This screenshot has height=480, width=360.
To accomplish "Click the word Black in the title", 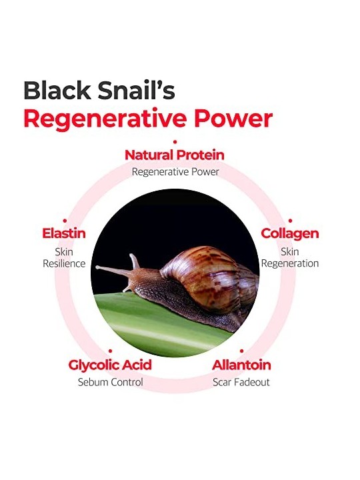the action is coord(57,90).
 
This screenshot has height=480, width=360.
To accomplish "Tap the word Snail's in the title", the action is coord(137,90).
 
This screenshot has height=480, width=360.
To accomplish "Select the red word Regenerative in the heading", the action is coord(105,119).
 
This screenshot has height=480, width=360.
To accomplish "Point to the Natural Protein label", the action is coord(175,155).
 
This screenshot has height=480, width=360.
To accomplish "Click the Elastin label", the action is coord(64,233).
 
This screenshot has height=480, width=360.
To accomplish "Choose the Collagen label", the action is coord(290,234).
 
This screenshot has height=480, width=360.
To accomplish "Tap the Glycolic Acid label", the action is coord(110,365).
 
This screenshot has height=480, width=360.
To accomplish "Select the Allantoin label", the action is coord(241,365).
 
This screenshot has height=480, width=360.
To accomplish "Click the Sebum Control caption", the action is coord(110,382).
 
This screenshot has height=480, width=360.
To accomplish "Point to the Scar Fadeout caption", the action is coord(241,382).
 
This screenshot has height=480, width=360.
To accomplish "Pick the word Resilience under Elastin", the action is coord(64,263).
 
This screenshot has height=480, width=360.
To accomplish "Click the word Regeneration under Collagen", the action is coord(290,263).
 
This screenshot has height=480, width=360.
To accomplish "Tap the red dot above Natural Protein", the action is coord(175,142).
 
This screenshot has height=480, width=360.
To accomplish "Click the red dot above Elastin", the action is coord(65,221).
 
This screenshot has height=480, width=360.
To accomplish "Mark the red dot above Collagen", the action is coord(290,221).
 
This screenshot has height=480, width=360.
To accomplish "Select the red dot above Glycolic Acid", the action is coord(110,351).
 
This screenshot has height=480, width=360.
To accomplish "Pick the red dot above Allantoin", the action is coord(241,351).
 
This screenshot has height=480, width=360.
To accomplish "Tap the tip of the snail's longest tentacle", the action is coord(97,267).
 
